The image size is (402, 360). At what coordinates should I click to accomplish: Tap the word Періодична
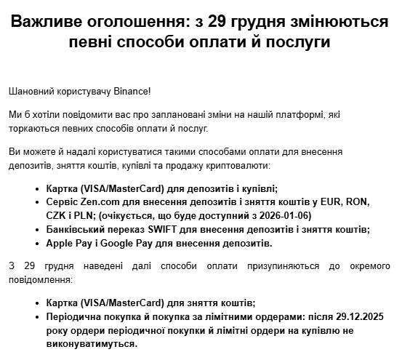point(76,316)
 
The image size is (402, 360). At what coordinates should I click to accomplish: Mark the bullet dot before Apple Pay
point(38,243)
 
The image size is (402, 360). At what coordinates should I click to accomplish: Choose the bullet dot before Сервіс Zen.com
point(38,201)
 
